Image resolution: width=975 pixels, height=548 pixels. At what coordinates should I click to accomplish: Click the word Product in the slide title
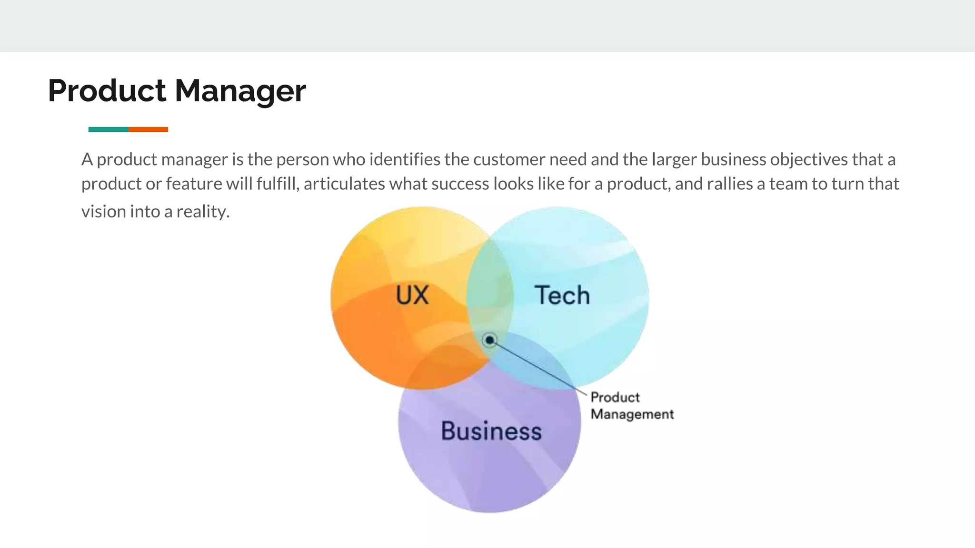coord(107,90)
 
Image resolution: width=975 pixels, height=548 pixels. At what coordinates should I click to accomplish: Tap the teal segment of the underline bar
coord(109,129)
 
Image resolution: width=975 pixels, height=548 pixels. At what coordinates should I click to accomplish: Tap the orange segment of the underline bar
coord(148,129)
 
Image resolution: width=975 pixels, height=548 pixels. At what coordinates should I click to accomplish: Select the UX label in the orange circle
coord(412,295)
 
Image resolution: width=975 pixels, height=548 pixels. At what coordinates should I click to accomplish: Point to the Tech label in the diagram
coord(562,295)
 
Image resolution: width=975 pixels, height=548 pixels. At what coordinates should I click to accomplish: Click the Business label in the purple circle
coord(491,431)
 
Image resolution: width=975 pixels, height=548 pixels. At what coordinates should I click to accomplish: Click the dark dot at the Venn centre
coord(489,340)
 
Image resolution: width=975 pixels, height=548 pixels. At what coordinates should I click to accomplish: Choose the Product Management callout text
coord(632,406)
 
